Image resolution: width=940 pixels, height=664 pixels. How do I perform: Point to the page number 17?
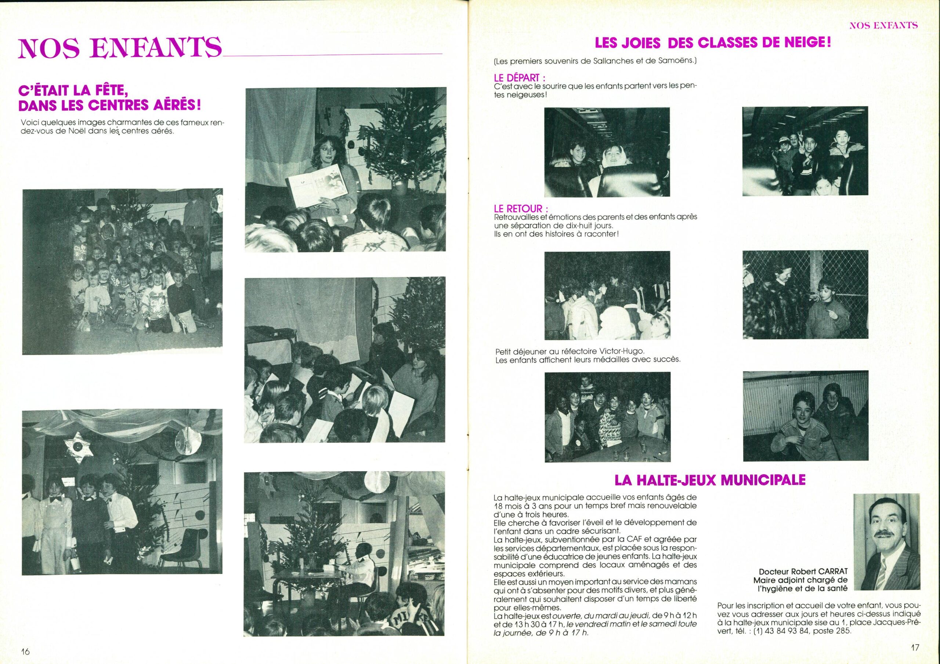point(915,647)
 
